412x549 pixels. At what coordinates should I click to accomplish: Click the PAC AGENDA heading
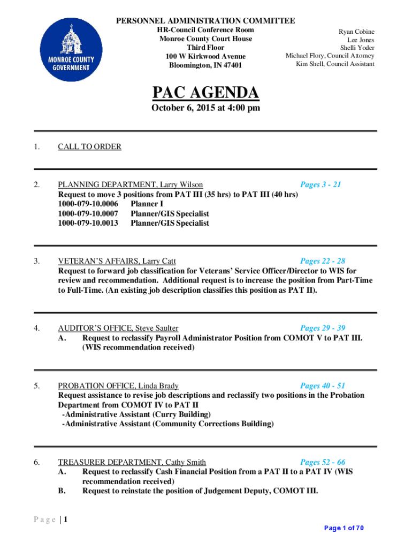[206, 93]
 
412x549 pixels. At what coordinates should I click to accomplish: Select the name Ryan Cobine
[356, 32]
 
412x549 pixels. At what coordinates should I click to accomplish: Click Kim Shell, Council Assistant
[335, 64]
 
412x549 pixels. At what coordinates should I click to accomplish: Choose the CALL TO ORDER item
[89, 146]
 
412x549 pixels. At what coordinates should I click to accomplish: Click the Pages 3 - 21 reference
[321, 184]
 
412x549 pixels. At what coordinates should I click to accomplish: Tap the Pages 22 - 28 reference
[323, 261]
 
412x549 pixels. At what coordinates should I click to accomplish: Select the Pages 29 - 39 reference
[323, 328]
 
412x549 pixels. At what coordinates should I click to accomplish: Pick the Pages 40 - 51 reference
[323, 385]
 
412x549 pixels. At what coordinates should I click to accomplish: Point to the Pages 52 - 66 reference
[323, 462]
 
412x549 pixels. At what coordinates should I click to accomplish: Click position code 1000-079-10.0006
[88, 204]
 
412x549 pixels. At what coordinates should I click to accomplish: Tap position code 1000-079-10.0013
[88, 223]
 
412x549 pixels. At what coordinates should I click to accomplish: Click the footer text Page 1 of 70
[344, 528]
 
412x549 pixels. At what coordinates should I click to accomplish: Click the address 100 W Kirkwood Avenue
[205, 56]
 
